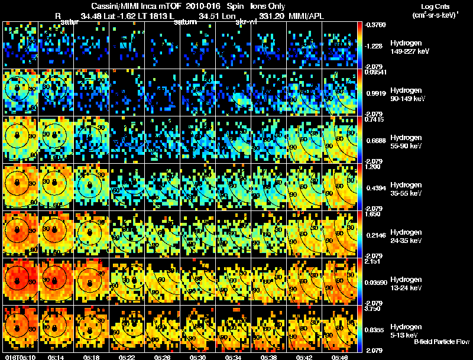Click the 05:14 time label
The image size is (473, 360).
tap(56, 357)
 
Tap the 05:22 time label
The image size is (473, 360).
tap(127, 357)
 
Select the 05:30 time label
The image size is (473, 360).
tap(197, 357)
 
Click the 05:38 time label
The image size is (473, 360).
tap(268, 357)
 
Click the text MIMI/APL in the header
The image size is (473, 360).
tap(307, 16)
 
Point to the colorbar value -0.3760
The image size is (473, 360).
tap(377, 25)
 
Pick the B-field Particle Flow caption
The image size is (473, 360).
tap(441, 342)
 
